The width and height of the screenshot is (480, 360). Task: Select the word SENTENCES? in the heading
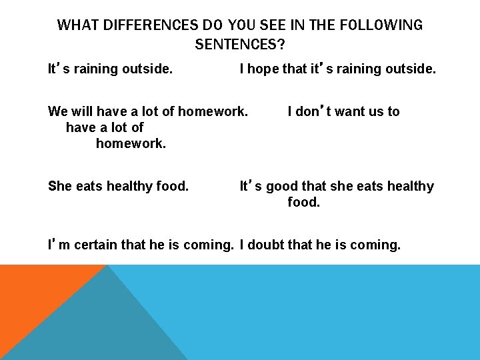click(240, 45)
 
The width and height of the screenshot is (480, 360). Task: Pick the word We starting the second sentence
click(58, 111)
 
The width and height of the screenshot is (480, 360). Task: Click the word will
click(84, 111)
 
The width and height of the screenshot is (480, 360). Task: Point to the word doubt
click(267, 245)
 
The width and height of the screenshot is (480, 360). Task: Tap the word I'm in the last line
click(59, 245)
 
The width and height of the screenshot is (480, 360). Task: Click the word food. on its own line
click(304, 202)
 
